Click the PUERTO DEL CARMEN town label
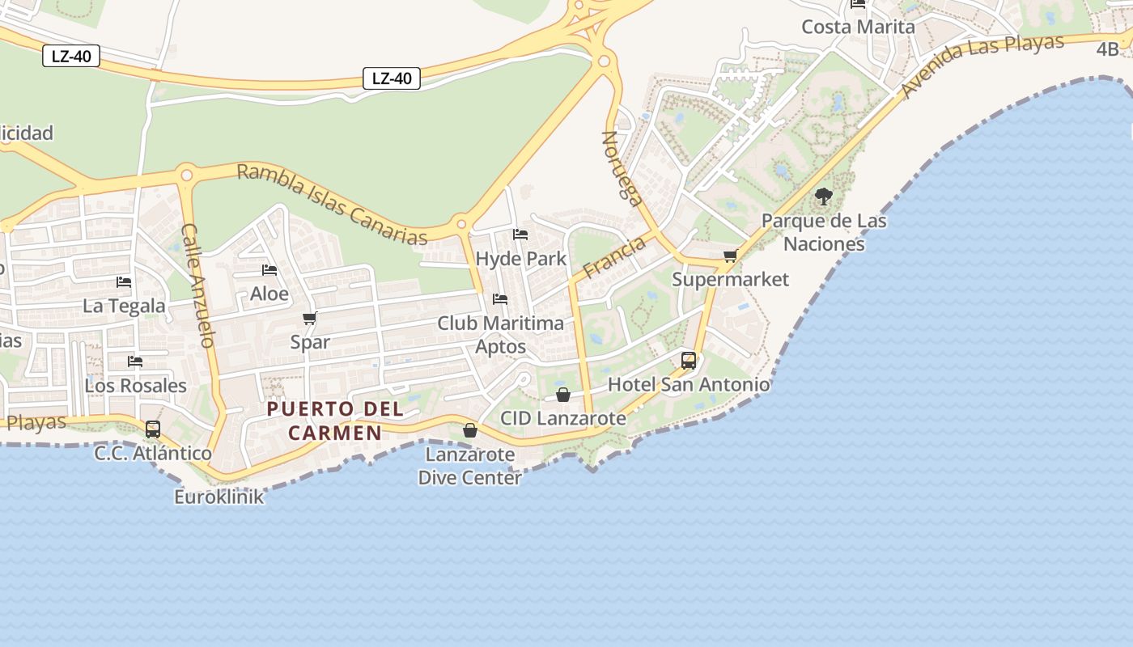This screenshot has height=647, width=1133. pos(335,421)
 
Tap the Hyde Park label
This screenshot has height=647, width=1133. pos(520,259)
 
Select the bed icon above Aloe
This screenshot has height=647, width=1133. pos(269,270)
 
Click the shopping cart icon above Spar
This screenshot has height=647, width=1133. pos(309,318)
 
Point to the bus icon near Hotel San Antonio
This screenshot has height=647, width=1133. pos(689,360)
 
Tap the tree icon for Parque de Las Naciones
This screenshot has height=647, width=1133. pos(824,196)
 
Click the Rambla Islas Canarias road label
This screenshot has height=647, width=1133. pos(332,204)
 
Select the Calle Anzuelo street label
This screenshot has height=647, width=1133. pos(198,285)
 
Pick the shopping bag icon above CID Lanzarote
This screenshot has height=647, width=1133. pos(563,395)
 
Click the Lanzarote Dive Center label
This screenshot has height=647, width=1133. pos(470,466)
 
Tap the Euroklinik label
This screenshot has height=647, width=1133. pos(219,497)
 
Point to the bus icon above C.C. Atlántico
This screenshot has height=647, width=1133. pos(153,429)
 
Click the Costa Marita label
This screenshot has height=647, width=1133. pos(858,27)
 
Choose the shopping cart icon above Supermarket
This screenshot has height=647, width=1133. pos(730,256)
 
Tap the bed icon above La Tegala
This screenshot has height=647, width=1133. pos(124,282)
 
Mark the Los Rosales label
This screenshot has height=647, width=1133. pos(136,386)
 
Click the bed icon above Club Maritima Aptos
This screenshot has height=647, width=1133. pos(500,299)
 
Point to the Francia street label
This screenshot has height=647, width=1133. pos(614,256)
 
